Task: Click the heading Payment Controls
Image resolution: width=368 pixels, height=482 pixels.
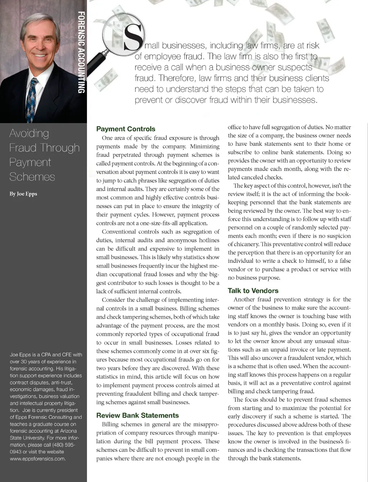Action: (126, 129)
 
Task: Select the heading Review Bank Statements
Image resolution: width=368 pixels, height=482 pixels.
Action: (137, 415)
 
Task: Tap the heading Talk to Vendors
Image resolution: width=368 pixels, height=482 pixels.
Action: (253, 290)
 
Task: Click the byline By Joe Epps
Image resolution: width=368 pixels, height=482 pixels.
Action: (23, 194)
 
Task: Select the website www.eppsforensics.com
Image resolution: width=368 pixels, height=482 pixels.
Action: (37, 459)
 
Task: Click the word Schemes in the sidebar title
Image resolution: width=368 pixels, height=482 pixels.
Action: (32, 177)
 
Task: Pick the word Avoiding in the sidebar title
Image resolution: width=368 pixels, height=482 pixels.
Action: (29, 133)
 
